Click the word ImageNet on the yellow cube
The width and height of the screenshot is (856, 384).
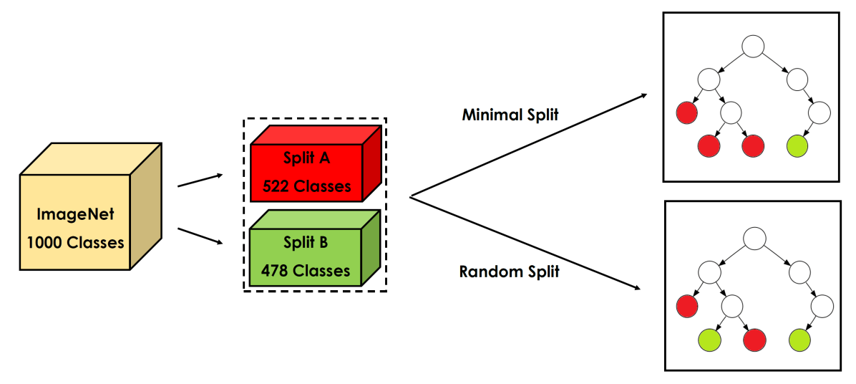pos(75,214)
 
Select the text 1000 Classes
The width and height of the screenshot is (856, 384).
pos(75,242)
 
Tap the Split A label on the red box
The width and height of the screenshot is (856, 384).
pos(306,159)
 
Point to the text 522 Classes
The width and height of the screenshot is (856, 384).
pos(306,186)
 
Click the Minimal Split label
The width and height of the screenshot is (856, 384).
pos(510,115)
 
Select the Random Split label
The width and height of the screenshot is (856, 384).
pos(509,272)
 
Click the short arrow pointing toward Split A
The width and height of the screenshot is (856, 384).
pos(200,180)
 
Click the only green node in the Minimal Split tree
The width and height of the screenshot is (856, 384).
pos(797,146)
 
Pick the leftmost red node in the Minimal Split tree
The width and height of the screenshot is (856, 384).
pos(687,112)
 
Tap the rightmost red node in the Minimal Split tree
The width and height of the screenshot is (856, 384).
pos(753,146)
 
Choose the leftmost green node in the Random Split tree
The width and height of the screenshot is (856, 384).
pos(709,340)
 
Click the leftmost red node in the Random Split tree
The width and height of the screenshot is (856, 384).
pos(687,306)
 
